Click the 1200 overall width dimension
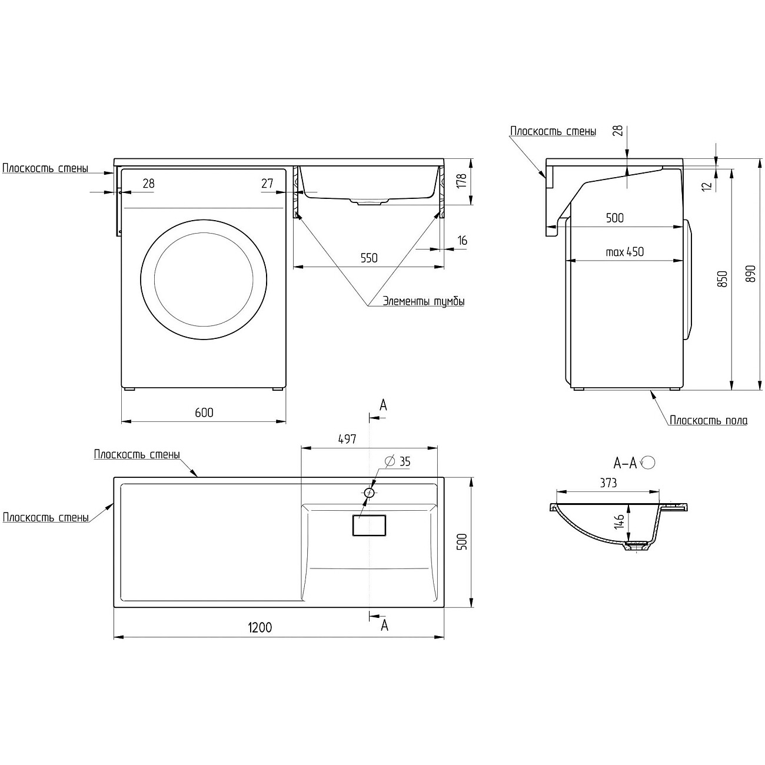pyautogui.click(x=260, y=628)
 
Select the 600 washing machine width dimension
pyautogui.click(x=204, y=413)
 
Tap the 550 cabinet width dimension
pyautogui.click(x=369, y=258)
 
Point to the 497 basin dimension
pyautogui.click(x=347, y=439)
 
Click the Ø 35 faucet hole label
pyautogui.click(x=398, y=461)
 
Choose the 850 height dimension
pyautogui.click(x=723, y=279)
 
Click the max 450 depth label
pyautogui.click(x=624, y=252)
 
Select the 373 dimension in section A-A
pyautogui.click(x=608, y=483)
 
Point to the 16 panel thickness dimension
pyautogui.click(x=462, y=240)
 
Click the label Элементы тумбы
pyautogui.click(x=423, y=302)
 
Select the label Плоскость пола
pyautogui.click(x=709, y=420)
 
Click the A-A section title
pyautogui.click(x=625, y=463)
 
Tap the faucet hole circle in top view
pyautogui.click(x=369, y=493)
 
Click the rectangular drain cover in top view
pyautogui.click(x=369, y=525)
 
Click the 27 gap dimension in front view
pyautogui.click(x=267, y=183)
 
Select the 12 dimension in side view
pyautogui.click(x=708, y=185)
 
